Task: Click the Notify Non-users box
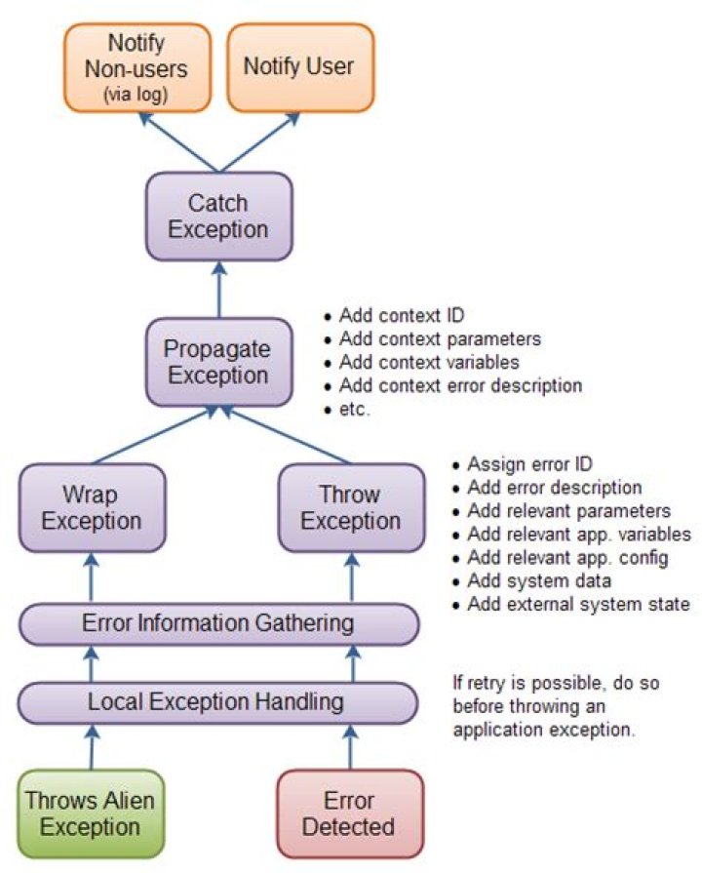point(136,67)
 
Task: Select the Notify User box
point(300,67)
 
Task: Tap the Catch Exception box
point(218,216)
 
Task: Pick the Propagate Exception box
point(218,362)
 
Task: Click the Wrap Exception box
point(92,508)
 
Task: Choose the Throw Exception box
point(351,508)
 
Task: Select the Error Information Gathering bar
point(218,623)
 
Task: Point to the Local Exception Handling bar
point(217,702)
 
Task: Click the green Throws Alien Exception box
point(91,813)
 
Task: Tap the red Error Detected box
point(350,813)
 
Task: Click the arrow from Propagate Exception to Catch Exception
point(219,290)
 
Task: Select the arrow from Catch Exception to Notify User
point(260,142)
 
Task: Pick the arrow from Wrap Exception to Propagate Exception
point(155,434)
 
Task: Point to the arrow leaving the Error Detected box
point(350,747)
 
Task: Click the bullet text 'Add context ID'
point(402,316)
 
